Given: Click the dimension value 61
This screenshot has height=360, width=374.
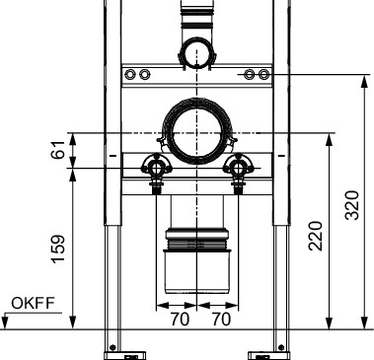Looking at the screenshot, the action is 58,150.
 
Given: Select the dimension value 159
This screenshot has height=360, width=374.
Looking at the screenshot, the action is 58,249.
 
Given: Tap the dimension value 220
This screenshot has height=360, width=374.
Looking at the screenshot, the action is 315,236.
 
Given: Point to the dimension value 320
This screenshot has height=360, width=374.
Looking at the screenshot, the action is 351,205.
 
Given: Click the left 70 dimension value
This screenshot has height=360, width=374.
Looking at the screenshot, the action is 180,319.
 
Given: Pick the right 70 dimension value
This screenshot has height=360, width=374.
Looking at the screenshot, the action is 221,319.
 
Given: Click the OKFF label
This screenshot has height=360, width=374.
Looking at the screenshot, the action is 33,303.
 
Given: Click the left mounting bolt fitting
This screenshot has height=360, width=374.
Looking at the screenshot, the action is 157,169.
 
